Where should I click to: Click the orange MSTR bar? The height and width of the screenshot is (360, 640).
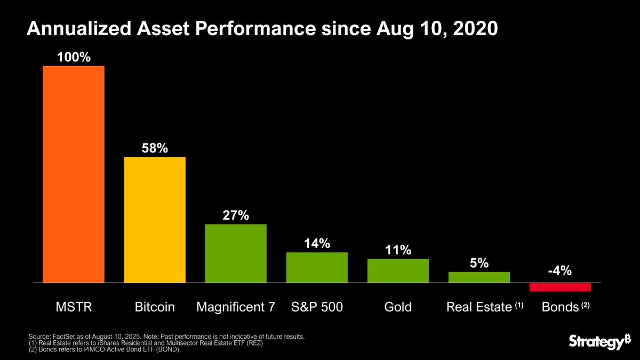pos(74,174)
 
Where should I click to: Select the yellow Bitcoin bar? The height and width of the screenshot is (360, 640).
pos(155,219)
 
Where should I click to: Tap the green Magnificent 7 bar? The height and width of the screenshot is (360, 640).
pos(236,253)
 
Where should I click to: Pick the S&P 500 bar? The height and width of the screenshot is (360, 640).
pos(317,267)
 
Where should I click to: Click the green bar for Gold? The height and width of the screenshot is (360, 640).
pos(398,270)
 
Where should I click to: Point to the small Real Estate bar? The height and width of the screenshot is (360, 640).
pos(479,277)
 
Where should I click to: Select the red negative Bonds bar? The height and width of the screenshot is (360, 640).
pos(560,287)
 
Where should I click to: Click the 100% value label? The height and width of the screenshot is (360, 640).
pos(74,57)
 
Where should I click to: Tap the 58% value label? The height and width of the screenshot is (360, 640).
pos(155,148)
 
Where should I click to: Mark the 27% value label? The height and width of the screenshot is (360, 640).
pos(236,215)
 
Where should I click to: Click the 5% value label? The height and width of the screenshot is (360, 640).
pos(479,263)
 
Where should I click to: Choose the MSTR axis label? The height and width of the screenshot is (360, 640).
pos(74,308)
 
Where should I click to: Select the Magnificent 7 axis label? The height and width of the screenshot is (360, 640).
pos(236,308)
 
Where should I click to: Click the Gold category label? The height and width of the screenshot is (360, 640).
pos(398,308)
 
